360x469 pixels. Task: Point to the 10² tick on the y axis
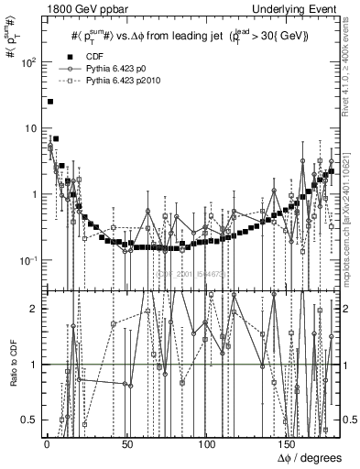click(x=27, y=62)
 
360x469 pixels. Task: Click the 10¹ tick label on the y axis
click(x=27, y=128)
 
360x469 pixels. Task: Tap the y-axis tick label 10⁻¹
click(x=27, y=261)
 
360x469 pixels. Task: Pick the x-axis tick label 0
click(x=46, y=444)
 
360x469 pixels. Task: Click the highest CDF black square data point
click(x=50, y=102)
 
